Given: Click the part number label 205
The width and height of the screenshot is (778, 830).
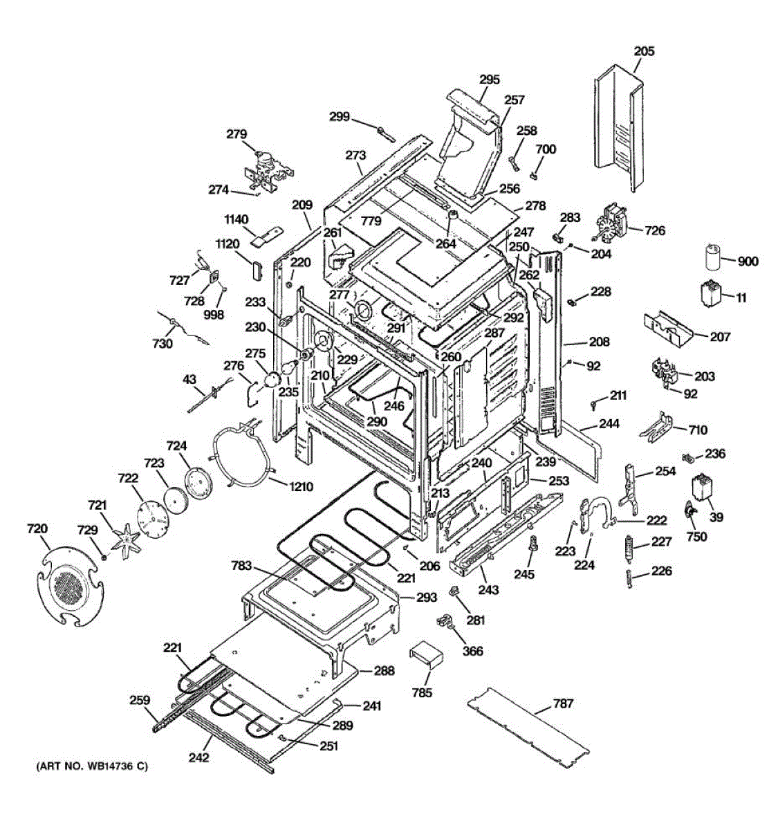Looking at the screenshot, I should [644, 51].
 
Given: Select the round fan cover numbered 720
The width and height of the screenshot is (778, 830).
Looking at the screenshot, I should [67, 581].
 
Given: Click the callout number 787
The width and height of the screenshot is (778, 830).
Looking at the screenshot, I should [563, 704].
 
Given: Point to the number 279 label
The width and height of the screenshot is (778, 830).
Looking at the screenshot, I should [237, 133].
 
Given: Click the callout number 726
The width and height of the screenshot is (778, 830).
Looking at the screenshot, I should [654, 230].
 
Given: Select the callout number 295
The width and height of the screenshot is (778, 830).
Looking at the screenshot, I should [489, 80].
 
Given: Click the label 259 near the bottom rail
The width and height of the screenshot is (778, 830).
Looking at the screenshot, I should [140, 700].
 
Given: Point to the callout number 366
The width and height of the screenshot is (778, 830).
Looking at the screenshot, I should [472, 651].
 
